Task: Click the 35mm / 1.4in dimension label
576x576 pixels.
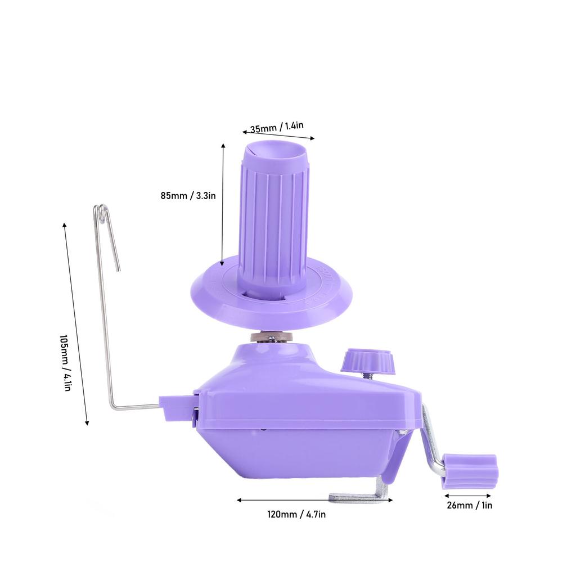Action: coord(277,127)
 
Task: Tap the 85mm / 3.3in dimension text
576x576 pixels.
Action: coord(188,195)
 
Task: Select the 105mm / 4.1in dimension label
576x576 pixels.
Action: coord(65,363)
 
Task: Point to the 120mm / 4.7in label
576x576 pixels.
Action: coord(296,514)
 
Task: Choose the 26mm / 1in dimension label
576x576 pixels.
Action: coord(470,506)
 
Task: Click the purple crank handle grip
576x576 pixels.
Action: coord(470,471)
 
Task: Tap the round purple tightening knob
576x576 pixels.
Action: coord(368,362)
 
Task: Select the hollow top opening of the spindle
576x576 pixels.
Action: coord(274,151)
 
